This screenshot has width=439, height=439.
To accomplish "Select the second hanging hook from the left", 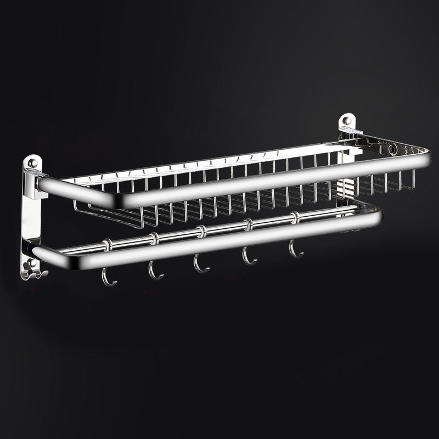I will pyautogui.click(x=155, y=270).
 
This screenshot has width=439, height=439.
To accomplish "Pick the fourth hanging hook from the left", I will pyautogui.click(x=250, y=257).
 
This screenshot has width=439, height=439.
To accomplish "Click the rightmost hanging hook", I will pyautogui.click(x=295, y=250).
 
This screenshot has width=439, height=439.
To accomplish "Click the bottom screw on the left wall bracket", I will pyautogui.click(x=33, y=263).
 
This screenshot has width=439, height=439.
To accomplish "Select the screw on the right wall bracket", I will pyautogui.click(x=346, y=120).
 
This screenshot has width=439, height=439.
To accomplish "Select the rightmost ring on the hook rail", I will pyautogui.click(x=296, y=217).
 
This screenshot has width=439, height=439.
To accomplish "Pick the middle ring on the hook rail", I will pyautogui.click(x=201, y=230).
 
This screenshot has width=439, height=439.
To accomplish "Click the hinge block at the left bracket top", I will pyautogui.click(x=34, y=181).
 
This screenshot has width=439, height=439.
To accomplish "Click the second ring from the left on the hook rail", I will pyautogui.click(x=155, y=238).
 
